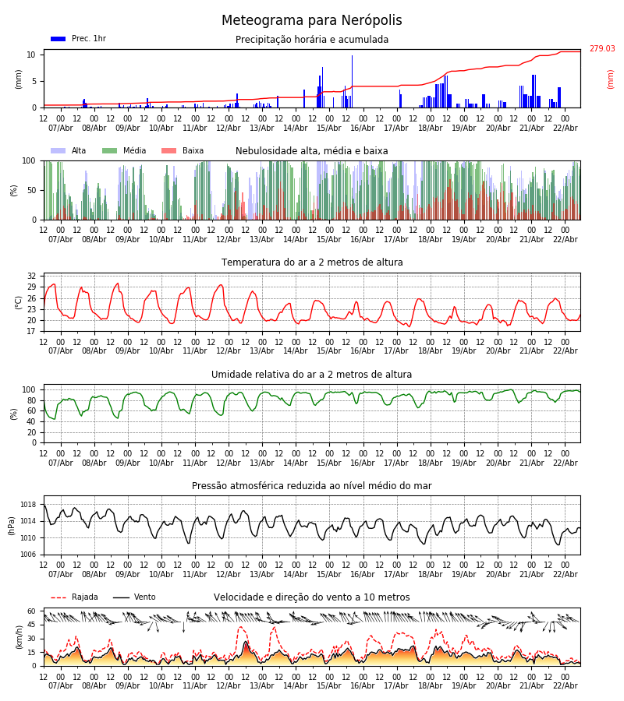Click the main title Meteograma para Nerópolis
pos(311,21)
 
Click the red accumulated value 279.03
pos(601,49)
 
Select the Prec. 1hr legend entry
pos(78,39)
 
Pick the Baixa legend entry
pos(183,151)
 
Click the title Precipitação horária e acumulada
pos(312,40)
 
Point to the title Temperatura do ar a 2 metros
pos(312,262)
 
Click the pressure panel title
pos(312,486)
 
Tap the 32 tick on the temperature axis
pos(31,277)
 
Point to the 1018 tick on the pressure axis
pos(28,505)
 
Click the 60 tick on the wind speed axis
pos(31,611)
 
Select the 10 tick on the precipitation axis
pos(31,55)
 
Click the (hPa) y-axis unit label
pos(12,525)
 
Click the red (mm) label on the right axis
pos(611,79)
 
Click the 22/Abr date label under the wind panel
pos(565,685)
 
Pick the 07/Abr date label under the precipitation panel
pos(61,128)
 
